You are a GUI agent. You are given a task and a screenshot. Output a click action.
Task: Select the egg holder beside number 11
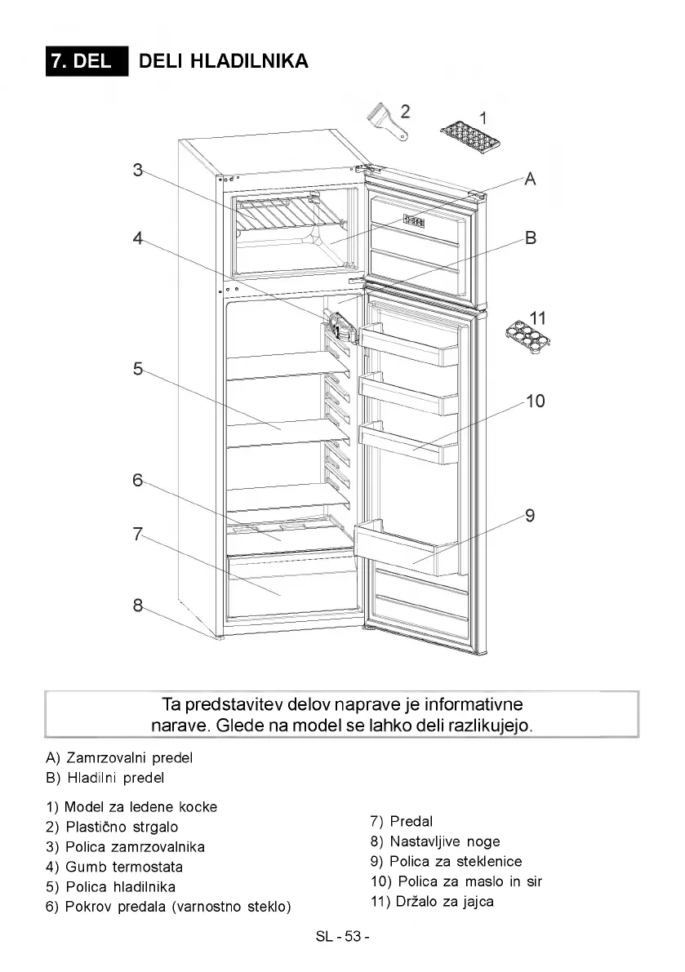click(x=527, y=333)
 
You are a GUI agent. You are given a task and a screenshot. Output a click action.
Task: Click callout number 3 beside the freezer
click(x=138, y=170)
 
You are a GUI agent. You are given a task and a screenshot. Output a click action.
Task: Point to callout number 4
click(x=138, y=238)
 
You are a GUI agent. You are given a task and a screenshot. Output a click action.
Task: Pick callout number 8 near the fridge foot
click(x=138, y=605)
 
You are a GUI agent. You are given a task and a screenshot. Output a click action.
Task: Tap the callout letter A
click(x=530, y=179)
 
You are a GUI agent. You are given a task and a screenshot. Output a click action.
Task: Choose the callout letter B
click(x=530, y=238)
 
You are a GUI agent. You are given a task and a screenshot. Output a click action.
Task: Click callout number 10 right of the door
click(x=535, y=401)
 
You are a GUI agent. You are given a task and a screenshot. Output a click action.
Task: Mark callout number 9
click(x=530, y=515)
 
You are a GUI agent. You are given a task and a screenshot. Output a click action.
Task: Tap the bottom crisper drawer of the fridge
click(x=291, y=586)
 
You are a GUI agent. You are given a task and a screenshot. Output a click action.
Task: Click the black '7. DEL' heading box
click(x=87, y=61)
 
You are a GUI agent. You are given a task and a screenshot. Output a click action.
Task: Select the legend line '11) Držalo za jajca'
click(x=432, y=901)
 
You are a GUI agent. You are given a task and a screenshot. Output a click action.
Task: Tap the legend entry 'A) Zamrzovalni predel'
click(x=120, y=757)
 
